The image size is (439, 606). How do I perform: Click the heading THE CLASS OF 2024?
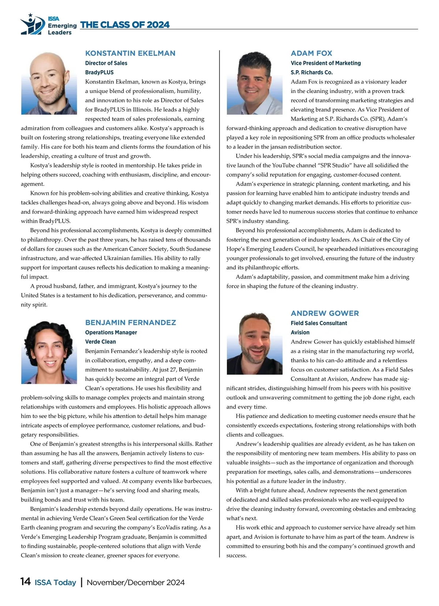(x=125, y=25)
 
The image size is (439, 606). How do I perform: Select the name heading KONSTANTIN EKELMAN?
(x=130, y=53)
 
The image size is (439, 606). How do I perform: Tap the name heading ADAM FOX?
(x=311, y=53)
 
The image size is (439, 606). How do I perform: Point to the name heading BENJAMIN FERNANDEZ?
(x=131, y=323)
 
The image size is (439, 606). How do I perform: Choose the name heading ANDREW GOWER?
(x=325, y=313)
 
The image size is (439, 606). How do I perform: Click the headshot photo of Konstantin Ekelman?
(x=49, y=83)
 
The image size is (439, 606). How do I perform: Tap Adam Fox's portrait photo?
(x=255, y=83)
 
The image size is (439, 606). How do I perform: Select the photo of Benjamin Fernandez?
(x=49, y=353)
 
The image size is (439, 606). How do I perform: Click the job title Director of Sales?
(x=106, y=63)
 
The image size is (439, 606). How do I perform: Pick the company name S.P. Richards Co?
(x=312, y=72)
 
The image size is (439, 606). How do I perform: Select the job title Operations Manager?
(x=111, y=332)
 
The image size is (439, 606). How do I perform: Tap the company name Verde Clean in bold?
(x=101, y=342)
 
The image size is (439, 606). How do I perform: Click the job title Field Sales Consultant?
(x=319, y=323)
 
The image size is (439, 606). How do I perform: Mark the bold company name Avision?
(x=300, y=332)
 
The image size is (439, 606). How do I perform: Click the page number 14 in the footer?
(x=26, y=582)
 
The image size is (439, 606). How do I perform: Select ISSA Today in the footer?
(x=55, y=582)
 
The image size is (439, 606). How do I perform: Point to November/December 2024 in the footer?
(x=136, y=582)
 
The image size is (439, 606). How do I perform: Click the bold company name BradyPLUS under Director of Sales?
(x=100, y=72)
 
